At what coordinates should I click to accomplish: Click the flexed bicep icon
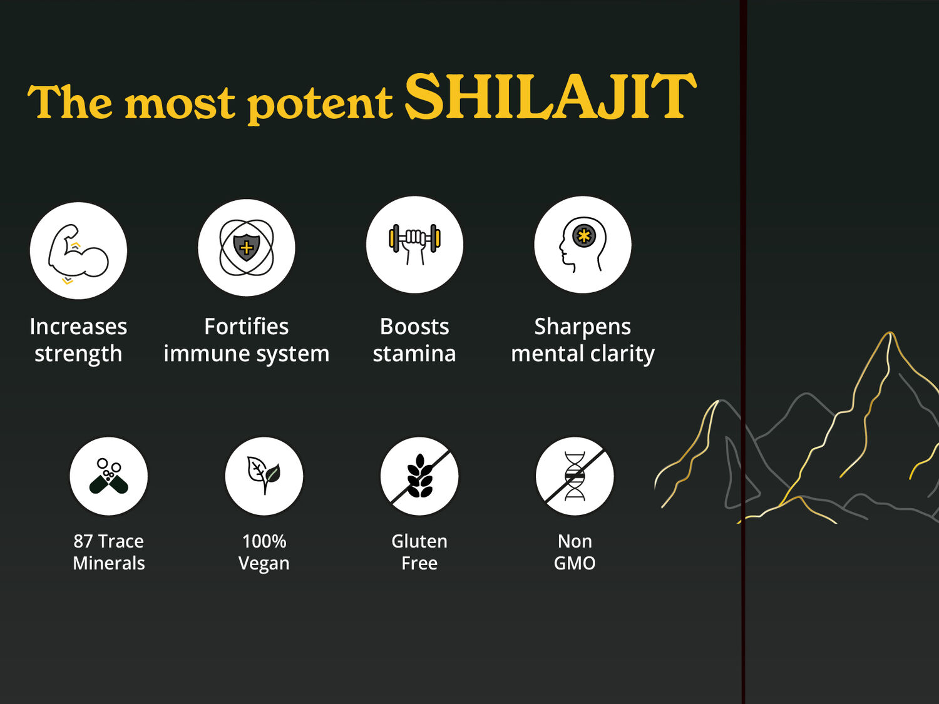click(78, 251)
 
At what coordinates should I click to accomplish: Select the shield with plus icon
click(246, 248)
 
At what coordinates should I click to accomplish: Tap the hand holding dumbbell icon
click(414, 244)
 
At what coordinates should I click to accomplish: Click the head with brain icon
click(582, 245)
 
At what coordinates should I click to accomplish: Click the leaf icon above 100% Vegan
click(264, 476)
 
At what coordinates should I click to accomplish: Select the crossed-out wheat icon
click(419, 476)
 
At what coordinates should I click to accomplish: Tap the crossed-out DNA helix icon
click(575, 476)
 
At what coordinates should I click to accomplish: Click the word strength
click(78, 354)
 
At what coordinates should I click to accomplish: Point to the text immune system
click(246, 354)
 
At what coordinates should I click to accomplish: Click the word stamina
click(414, 354)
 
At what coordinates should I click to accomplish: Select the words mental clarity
click(582, 354)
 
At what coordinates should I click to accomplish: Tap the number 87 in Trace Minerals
click(83, 541)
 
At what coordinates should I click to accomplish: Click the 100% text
click(264, 541)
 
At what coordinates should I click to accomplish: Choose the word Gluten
click(419, 541)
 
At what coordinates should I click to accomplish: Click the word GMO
click(575, 563)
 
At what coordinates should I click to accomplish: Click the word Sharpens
click(582, 327)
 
